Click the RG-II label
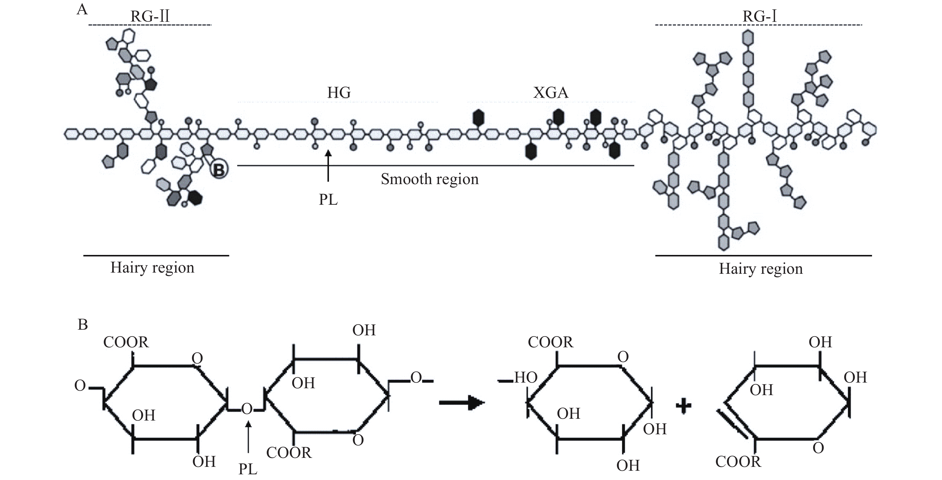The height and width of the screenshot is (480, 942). [150, 16]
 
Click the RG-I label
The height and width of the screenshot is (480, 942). [759, 16]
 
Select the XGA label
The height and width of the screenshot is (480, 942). [551, 93]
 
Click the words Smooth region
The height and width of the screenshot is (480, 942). [430, 179]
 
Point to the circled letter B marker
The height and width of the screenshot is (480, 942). [219, 170]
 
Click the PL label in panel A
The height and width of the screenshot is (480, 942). [328, 200]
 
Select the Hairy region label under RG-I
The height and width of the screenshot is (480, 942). [760, 269]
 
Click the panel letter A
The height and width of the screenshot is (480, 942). [82, 10]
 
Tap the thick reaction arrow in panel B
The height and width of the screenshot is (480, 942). [461, 403]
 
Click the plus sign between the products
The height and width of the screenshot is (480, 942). [683, 406]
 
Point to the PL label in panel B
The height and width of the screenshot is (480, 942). [248, 469]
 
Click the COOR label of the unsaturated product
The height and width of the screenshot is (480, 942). [738, 462]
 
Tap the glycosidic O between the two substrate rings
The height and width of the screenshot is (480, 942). [247, 409]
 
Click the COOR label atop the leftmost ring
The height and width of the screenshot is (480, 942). [126, 343]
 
